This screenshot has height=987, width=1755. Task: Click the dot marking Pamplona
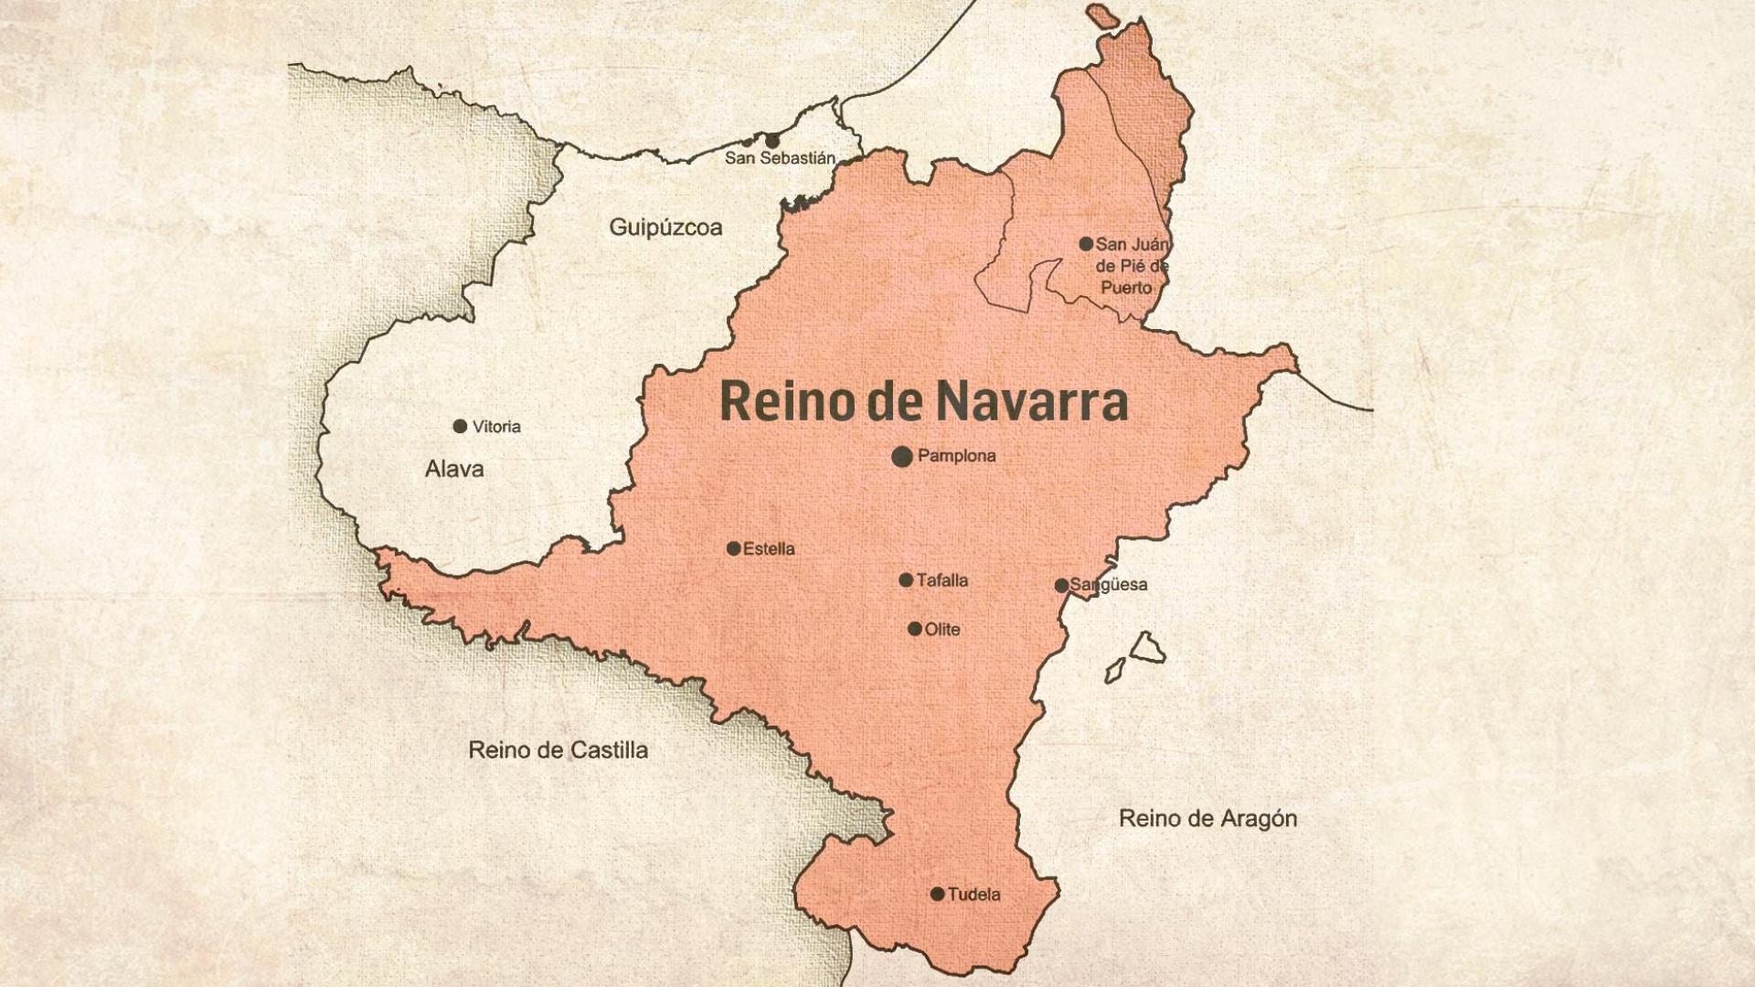pyautogui.click(x=902, y=456)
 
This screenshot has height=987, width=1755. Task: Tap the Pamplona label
pyautogui.click(x=956, y=455)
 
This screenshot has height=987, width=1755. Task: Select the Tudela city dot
pyautogui.click(x=937, y=894)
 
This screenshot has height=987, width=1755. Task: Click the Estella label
pyautogui.click(x=769, y=549)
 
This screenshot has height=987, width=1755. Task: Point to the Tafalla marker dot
pyautogui.click(x=906, y=580)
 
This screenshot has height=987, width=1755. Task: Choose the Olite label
pyautogui.click(x=942, y=630)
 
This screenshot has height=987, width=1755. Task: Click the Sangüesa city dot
pyautogui.click(x=1061, y=586)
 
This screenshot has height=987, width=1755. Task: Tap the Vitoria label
pyautogui.click(x=496, y=427)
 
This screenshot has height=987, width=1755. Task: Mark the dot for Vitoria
pyautogui.click(x=460, y=427)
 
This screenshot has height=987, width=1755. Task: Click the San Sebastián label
pyautogui.click(x=780, y=158)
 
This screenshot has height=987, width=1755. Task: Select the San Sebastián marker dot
pyautogui.click(x=772, y=141)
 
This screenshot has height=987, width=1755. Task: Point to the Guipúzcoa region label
pyautogui.click(x=665, y=228)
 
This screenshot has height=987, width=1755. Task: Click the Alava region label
pyautogui.click(x=454, y=470)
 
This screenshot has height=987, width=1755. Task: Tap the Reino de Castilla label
pyautogui.click(x=558, y=750)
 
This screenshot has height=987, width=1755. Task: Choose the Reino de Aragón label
pyautogui.click(x=1207, y=819)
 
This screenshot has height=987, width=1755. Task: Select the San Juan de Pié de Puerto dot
pyautogui.click(x=1086, y=244)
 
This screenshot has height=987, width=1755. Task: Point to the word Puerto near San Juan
pyautogui.click(x=1126, y=288)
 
